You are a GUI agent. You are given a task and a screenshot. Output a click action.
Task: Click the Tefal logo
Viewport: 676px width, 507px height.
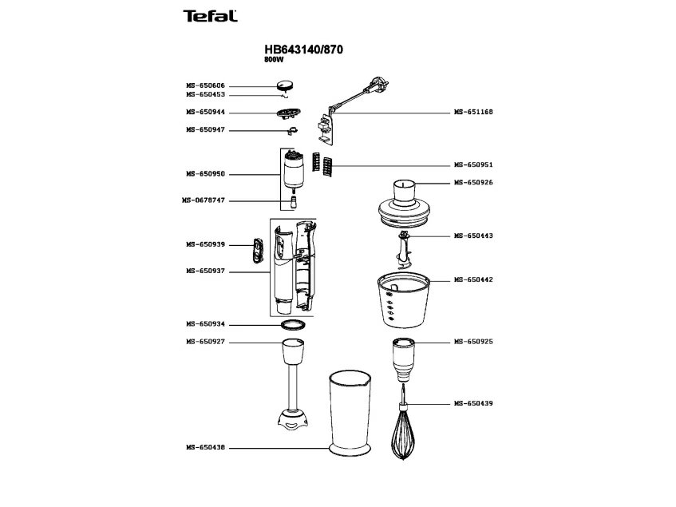(210, 16)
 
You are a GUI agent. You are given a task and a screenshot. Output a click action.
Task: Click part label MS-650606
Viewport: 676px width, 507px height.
(205, 85)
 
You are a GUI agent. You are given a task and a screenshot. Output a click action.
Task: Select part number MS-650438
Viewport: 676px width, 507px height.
(205, 448)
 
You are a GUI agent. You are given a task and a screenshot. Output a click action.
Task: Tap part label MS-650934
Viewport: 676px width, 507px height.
(205, 323)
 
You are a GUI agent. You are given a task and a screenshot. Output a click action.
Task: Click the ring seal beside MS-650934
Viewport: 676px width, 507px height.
(293, 325)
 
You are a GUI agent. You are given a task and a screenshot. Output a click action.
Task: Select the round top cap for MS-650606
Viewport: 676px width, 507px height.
(286, 85)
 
